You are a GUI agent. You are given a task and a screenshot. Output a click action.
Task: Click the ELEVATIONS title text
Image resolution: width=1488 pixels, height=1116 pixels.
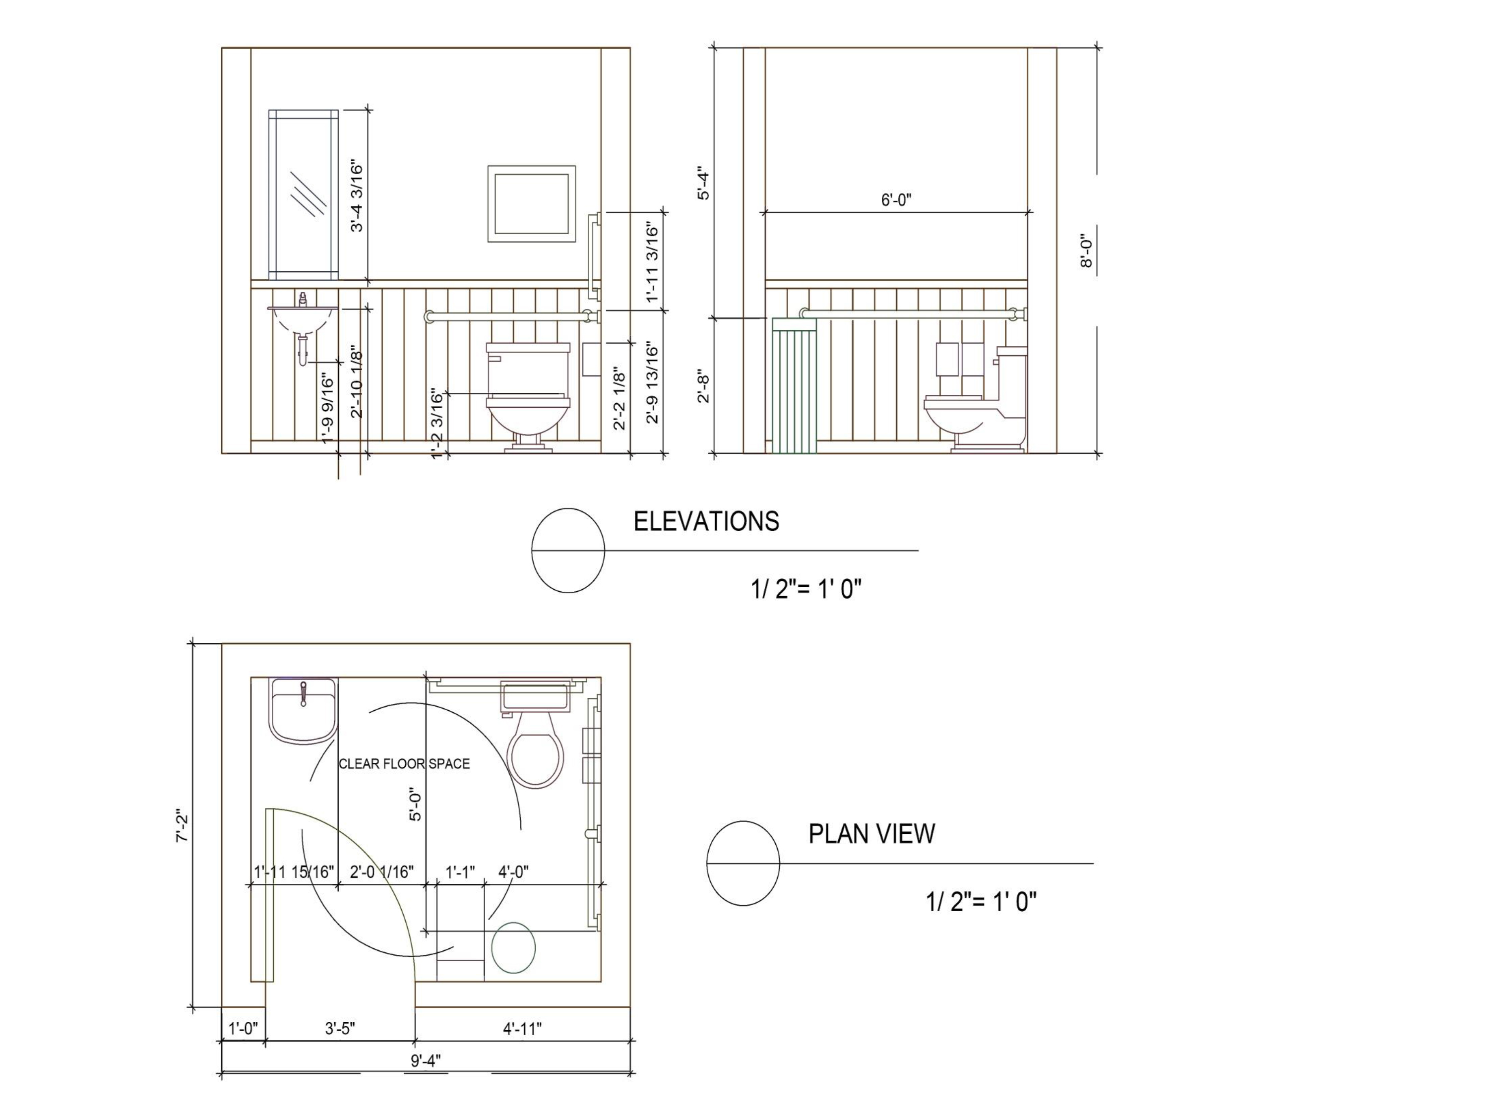coord(706,522)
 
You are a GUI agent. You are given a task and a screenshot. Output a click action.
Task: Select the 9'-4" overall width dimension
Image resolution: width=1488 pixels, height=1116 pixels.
coord(425,1061)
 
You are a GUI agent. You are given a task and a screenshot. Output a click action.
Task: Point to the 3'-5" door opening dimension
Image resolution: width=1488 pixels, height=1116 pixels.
coord(340,1029)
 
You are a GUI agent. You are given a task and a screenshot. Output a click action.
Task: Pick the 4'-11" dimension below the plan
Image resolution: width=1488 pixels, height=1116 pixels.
coord(522,1029)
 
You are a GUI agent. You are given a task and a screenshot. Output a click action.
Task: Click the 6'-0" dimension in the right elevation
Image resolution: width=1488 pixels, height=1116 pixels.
coord(896,200)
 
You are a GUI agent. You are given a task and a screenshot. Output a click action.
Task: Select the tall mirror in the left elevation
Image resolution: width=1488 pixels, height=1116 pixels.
coord(304,194)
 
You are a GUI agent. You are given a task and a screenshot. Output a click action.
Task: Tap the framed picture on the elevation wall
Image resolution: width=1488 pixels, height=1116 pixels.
coord(531,203)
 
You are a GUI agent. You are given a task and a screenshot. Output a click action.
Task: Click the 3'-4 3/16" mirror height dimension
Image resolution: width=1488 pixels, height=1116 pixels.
coord(357,197)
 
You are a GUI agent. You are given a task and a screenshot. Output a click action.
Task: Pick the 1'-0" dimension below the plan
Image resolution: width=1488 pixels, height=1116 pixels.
coord(243,1029)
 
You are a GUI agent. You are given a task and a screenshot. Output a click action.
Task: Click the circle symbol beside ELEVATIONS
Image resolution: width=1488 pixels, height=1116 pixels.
coord(568,550)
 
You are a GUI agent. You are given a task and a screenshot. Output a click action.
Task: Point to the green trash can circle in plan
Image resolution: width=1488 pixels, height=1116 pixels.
coord(513,948)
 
